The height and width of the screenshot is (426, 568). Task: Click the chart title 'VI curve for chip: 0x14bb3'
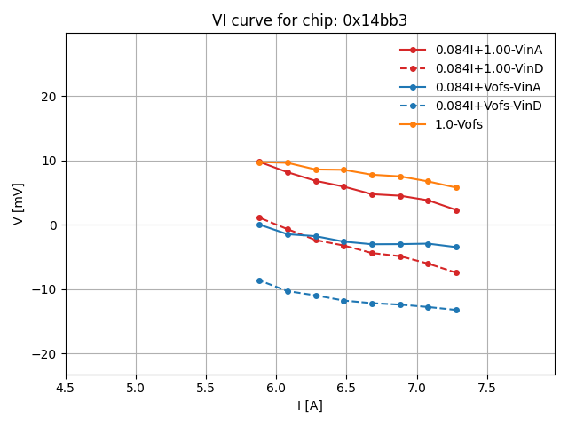click(x=310, y=20)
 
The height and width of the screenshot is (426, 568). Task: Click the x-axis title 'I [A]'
click(x=310, y=406)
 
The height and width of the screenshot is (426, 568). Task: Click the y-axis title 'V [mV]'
click(x=19, y=203)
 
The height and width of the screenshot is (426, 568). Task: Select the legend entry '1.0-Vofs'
click(x=459, y=124)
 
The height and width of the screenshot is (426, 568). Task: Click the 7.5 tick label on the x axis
click(x=487, y=388)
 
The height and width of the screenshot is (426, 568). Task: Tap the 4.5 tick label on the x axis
click(x=65, y=388)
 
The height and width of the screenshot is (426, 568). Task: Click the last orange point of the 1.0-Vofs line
click(x=456, y=188)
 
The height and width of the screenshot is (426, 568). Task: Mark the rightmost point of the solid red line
click(x=456, y=210)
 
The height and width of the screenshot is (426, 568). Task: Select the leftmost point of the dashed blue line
click(x=259, y=280)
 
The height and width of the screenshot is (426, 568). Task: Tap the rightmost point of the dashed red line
click(x=456, y=272)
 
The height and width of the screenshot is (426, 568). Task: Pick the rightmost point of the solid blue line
click(x=456, y=247)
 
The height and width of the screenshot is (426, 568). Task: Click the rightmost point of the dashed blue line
click(x=456, y=310)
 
